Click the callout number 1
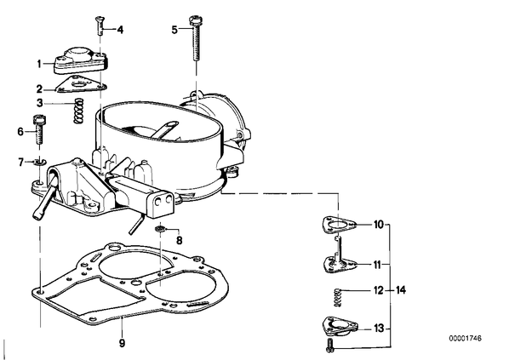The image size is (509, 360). pos(39,64)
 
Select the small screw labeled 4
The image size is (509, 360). pos(100,26)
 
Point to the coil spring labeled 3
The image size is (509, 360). pos(78,111)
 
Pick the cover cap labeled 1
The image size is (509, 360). pos(81,60)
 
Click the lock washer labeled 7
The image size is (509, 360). pos(40,162)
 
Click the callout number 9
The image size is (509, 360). pos(122,343)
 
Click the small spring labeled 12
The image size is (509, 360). pos(338,298)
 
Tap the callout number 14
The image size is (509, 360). pos(401,290)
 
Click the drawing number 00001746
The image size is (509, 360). pos(466,338)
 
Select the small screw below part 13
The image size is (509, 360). pos(330,346)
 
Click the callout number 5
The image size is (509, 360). pos(174,30)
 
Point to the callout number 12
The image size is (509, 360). pos(379,290)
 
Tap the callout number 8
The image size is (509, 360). pos(179,241)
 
